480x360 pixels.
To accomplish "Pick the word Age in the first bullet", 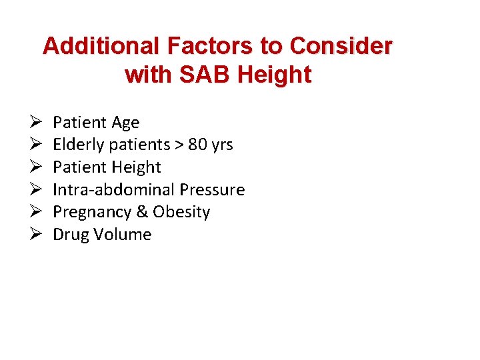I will [125, 123].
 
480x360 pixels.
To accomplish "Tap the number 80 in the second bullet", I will [198, 145].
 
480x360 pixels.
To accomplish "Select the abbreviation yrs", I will [223, 145].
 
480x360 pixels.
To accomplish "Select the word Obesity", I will [181, 213].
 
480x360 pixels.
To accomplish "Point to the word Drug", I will [69, 235].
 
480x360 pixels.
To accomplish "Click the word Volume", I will [123, 235].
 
